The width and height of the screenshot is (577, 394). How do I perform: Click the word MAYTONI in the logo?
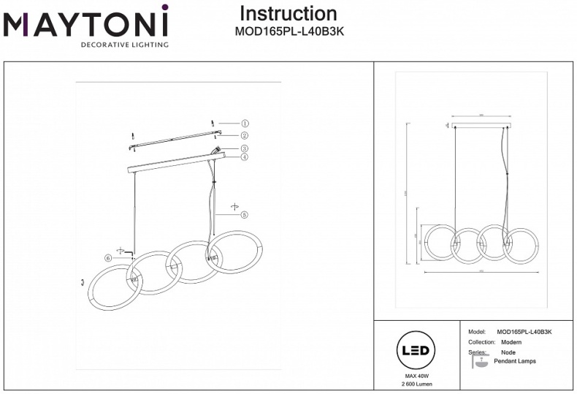pos(86,23)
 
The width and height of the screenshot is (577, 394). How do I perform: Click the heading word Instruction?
pos(288,14)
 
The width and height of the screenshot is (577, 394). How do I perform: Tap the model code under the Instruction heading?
pos(288,31)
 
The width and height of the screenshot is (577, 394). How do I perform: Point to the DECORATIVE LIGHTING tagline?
pos(124,45)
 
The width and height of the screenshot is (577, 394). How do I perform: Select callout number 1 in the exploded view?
pos(245,124)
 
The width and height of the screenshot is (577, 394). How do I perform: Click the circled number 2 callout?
pos(245,135)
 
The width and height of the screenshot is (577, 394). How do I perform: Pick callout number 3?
pos(245,149)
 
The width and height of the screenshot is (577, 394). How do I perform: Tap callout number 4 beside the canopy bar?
pos(245,156)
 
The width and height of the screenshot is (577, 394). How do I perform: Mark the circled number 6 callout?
pos(108,257)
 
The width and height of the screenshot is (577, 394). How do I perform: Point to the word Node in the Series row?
pos(508,352)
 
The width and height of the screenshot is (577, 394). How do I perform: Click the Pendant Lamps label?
pos(515,361)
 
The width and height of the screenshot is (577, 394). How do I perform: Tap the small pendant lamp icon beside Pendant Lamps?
pos(479,362)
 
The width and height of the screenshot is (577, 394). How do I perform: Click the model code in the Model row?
pos(524,332)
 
